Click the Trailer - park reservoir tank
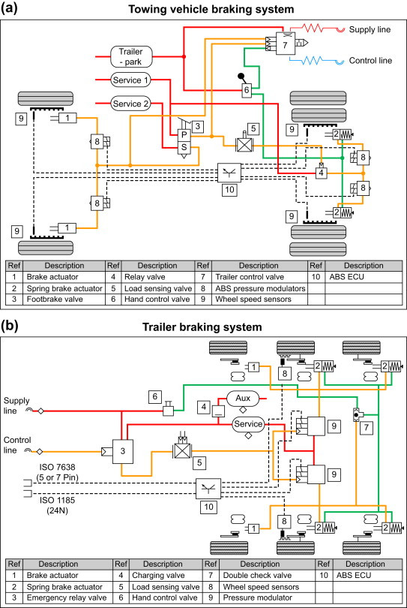(x=131, y=56)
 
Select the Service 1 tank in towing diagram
(x=130, y=80)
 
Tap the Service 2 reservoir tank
(x=130, y=104)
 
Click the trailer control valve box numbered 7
(x=285, y=44)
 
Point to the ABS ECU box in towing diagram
(x=229, y=173)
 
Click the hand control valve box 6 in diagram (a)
(x=247, y=90)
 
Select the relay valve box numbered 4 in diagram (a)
(x=321, y=173)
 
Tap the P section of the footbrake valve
(x=184, y=135)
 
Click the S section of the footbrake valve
(x=184, y=147)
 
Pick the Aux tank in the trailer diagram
(x=243, y=399)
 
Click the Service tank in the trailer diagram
(x=248, y=424)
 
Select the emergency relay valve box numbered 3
(x=123, y=451)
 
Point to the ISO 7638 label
(x=57, y=472)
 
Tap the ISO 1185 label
(x=57, y=505)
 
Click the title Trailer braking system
(x=202, y=327)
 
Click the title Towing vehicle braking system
(x=211, y=9)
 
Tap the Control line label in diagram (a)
(x=370, y=61)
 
